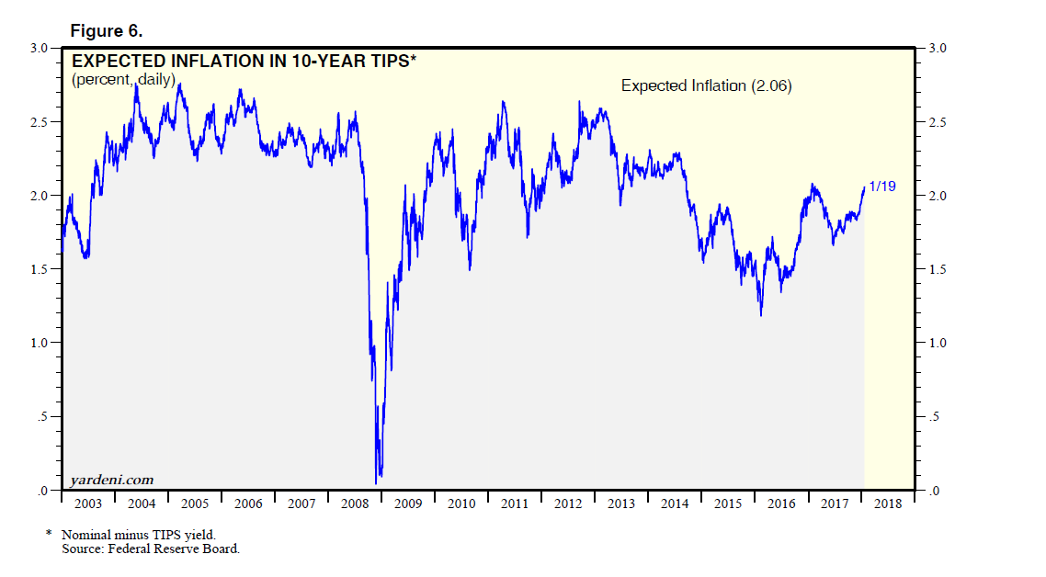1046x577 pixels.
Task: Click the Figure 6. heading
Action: tap(106, 31)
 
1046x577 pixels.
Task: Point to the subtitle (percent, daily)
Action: tap(136, 80)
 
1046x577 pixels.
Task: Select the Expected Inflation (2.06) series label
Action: tap(706, 85)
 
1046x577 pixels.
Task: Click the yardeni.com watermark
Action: tap(111, 480)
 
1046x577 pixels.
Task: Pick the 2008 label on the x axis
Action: tap(355, 504)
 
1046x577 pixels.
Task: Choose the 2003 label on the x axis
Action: tap(87, 504)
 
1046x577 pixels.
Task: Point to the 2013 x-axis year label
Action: tap(622, 504)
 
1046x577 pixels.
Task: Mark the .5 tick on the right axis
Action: tap(932, 417)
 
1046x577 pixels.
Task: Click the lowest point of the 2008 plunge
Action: tap(377, 482)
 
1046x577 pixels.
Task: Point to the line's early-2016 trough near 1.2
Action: tap(761, 315)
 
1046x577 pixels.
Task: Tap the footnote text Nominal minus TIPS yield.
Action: tap(139, 535)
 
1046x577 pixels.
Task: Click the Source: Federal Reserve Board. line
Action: tap(150, 549)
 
